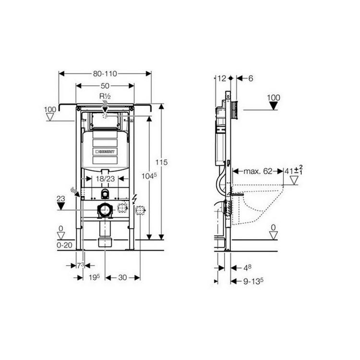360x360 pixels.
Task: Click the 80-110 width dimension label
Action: (x=105, y=74)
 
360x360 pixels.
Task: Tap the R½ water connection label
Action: (x=105, y=96)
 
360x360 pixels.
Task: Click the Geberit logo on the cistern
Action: (x=105, y=152)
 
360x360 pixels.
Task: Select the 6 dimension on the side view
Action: (x=250, y=78)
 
